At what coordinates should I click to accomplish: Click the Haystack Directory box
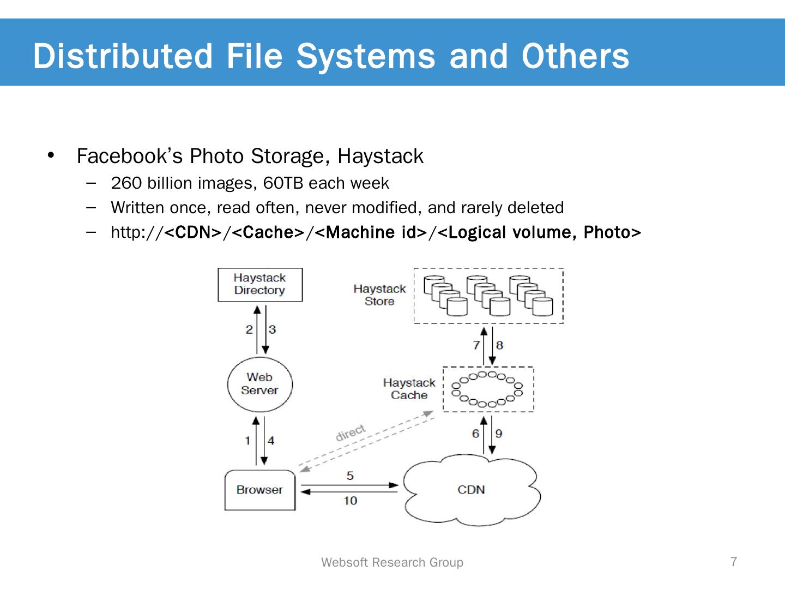tap(259, 284)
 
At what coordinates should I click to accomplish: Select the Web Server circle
tap(259, 384)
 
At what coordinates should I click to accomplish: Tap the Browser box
tap(259, 490)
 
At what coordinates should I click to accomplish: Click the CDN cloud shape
tap(471, 490)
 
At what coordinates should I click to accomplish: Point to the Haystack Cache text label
tap(409, 389)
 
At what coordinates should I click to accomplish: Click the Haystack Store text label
tap(379, 295)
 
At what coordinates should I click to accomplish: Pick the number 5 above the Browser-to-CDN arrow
tap(350, 476)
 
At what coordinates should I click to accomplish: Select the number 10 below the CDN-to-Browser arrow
tap(350, 501)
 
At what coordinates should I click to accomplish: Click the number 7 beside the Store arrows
tap(476, 345)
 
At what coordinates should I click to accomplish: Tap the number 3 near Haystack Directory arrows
tap(272, 329)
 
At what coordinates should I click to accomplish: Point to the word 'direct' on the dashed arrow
tap(351, 432)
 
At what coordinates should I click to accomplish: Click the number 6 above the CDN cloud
tap(475, 434)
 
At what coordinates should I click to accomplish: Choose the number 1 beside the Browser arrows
tap(247, 441)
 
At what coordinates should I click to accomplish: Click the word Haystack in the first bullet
tap(380, 157)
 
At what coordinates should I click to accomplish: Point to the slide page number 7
tap(734, 562)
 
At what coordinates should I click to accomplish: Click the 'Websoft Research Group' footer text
tap(392, 562)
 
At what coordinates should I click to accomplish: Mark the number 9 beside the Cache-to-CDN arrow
tap(499, 434)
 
